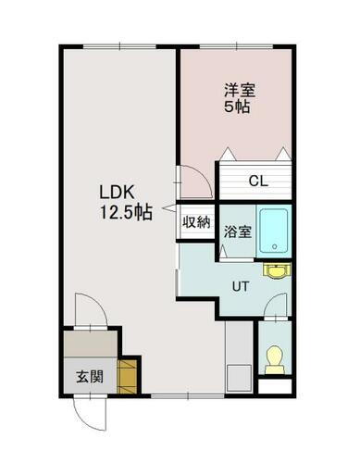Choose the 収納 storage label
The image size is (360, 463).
coord(195,221)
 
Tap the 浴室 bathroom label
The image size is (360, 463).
coord(237,231)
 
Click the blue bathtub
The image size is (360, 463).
coord(274,231)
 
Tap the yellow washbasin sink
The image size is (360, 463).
coord(275,271)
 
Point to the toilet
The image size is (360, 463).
coord(274,359)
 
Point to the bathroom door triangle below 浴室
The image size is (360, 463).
coord(235,257)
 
